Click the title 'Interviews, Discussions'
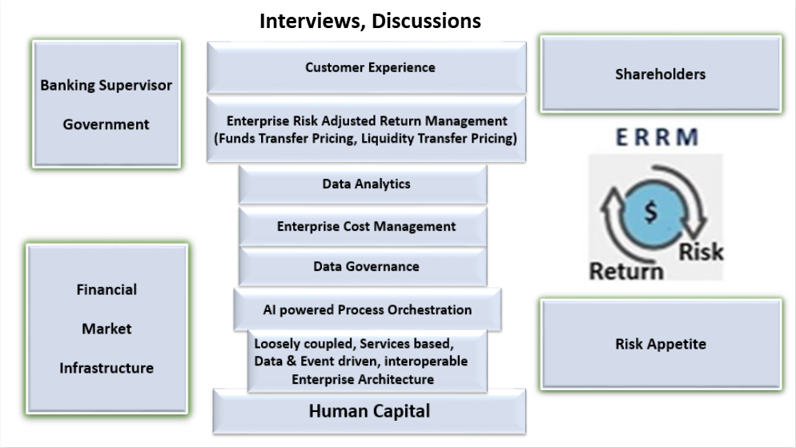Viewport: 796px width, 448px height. [370, 22]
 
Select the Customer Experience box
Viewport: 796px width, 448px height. [367, 67]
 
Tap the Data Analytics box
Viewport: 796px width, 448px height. [363, 184]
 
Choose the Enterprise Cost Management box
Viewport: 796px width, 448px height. [363, 227]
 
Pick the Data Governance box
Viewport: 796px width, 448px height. [363, 267]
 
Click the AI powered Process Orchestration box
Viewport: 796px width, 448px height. [368, 310]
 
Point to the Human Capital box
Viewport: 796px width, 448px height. [370, 411]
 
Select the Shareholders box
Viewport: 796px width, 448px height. [661, 75]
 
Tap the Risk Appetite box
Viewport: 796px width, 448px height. [661, 344]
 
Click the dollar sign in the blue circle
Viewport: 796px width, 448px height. [651, 212]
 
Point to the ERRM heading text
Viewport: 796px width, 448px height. [657, 137]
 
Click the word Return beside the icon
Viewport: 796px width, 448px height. [626, 271]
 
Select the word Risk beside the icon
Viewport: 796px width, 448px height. [701, 252]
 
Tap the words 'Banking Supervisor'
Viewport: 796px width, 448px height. [106, 85]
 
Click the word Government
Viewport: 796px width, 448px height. [106, 124]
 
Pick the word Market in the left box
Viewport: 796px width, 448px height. [107, 329]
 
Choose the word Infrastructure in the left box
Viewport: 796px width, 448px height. [107, 368]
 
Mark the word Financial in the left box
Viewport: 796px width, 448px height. [107, 289]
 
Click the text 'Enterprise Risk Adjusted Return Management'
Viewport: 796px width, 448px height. [367, 121]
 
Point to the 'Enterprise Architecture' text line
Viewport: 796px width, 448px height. [363, 379]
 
